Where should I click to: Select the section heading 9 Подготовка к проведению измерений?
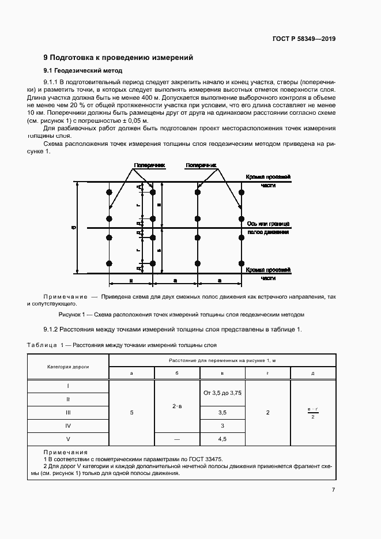118,58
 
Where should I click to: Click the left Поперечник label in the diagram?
149,165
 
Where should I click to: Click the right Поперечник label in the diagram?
201,165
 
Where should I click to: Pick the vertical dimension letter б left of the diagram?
73,228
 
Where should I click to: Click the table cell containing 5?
131,413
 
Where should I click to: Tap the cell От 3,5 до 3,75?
222,393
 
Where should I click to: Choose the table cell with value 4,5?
222,439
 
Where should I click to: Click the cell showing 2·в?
177,406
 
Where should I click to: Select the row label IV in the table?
68,425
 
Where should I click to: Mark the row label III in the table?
68,413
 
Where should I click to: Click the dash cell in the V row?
177,439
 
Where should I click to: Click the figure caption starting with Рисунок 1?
181,315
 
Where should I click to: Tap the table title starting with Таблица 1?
122,345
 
